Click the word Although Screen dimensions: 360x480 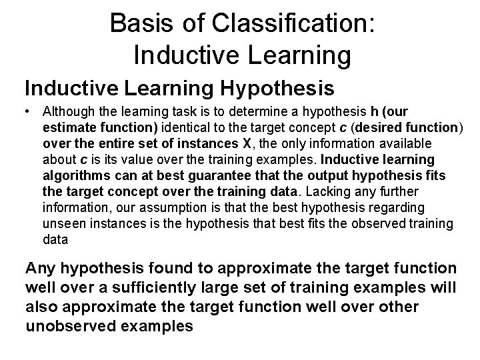67,111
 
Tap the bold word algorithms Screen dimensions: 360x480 73,175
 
